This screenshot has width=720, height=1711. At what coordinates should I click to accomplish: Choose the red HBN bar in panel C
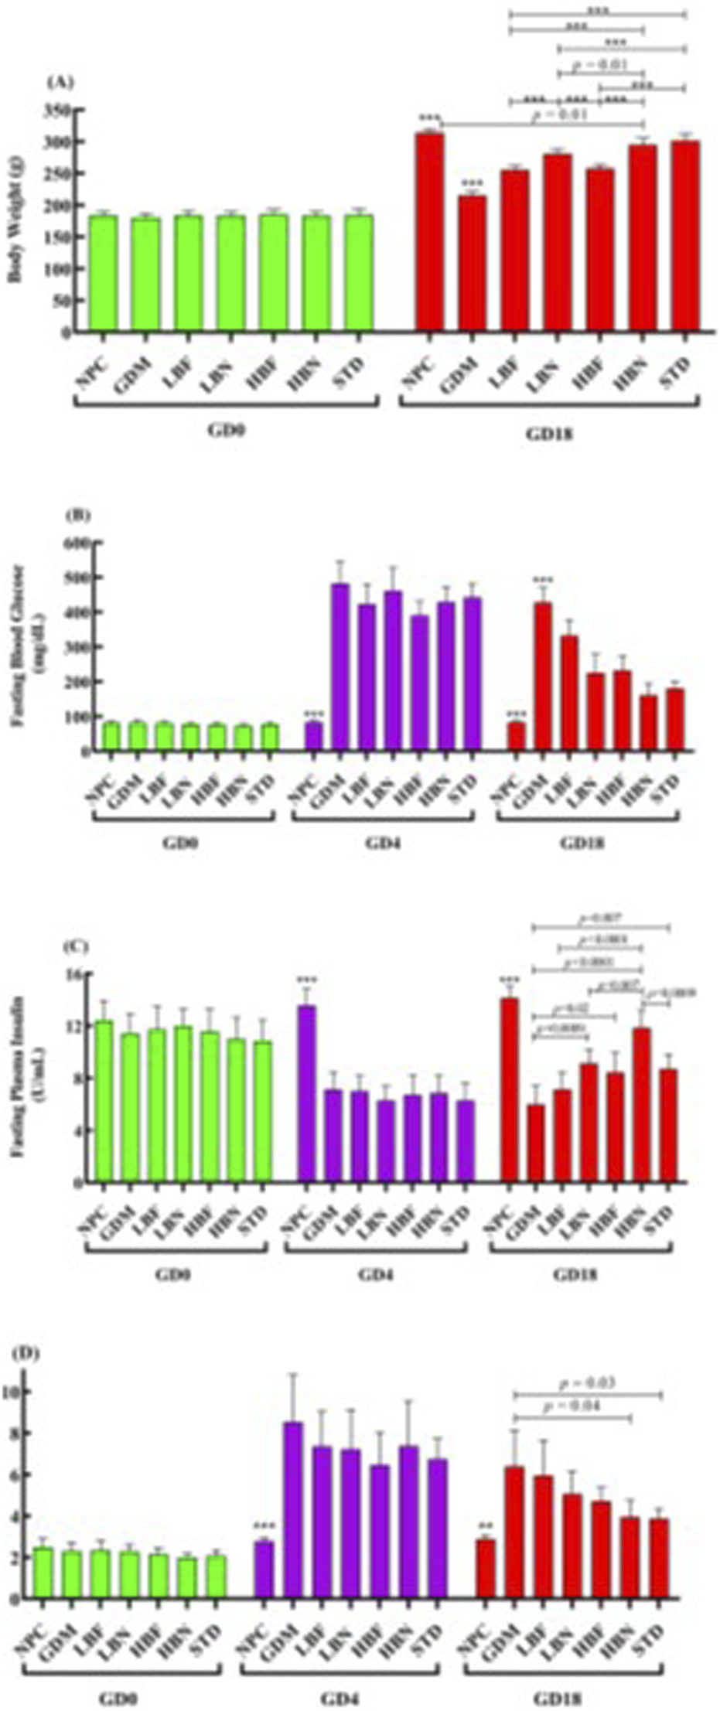641,1106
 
